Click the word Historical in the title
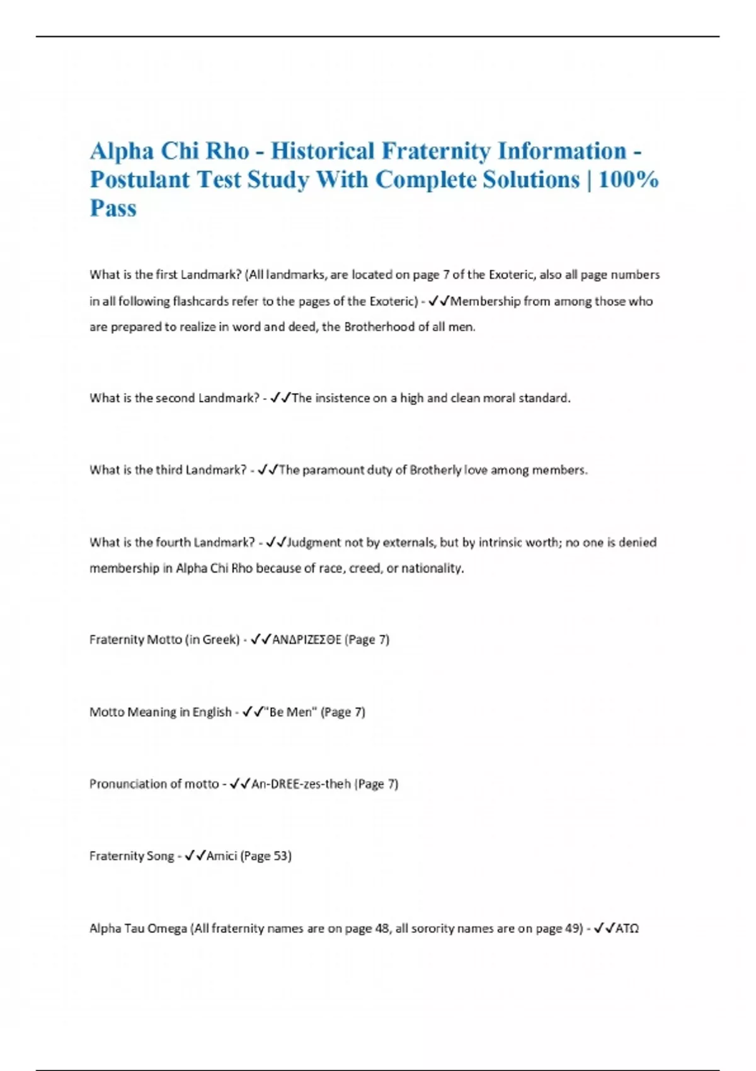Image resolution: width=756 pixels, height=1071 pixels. (323, 151)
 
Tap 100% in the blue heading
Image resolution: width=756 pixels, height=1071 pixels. (628, 180)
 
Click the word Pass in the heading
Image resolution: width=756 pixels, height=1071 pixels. (113, 208)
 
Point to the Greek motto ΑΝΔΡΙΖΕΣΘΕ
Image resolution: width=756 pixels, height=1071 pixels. (307, 639)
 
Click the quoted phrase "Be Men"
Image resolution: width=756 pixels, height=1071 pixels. (291, 712)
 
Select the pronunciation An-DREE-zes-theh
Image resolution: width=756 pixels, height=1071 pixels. (301, 784)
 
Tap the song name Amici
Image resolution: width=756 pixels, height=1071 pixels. (222, 856)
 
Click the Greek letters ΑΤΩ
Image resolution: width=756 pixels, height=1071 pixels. (627, 928)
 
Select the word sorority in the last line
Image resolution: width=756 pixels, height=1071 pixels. (433, 928)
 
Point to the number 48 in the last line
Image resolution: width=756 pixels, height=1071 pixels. (382, 928)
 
